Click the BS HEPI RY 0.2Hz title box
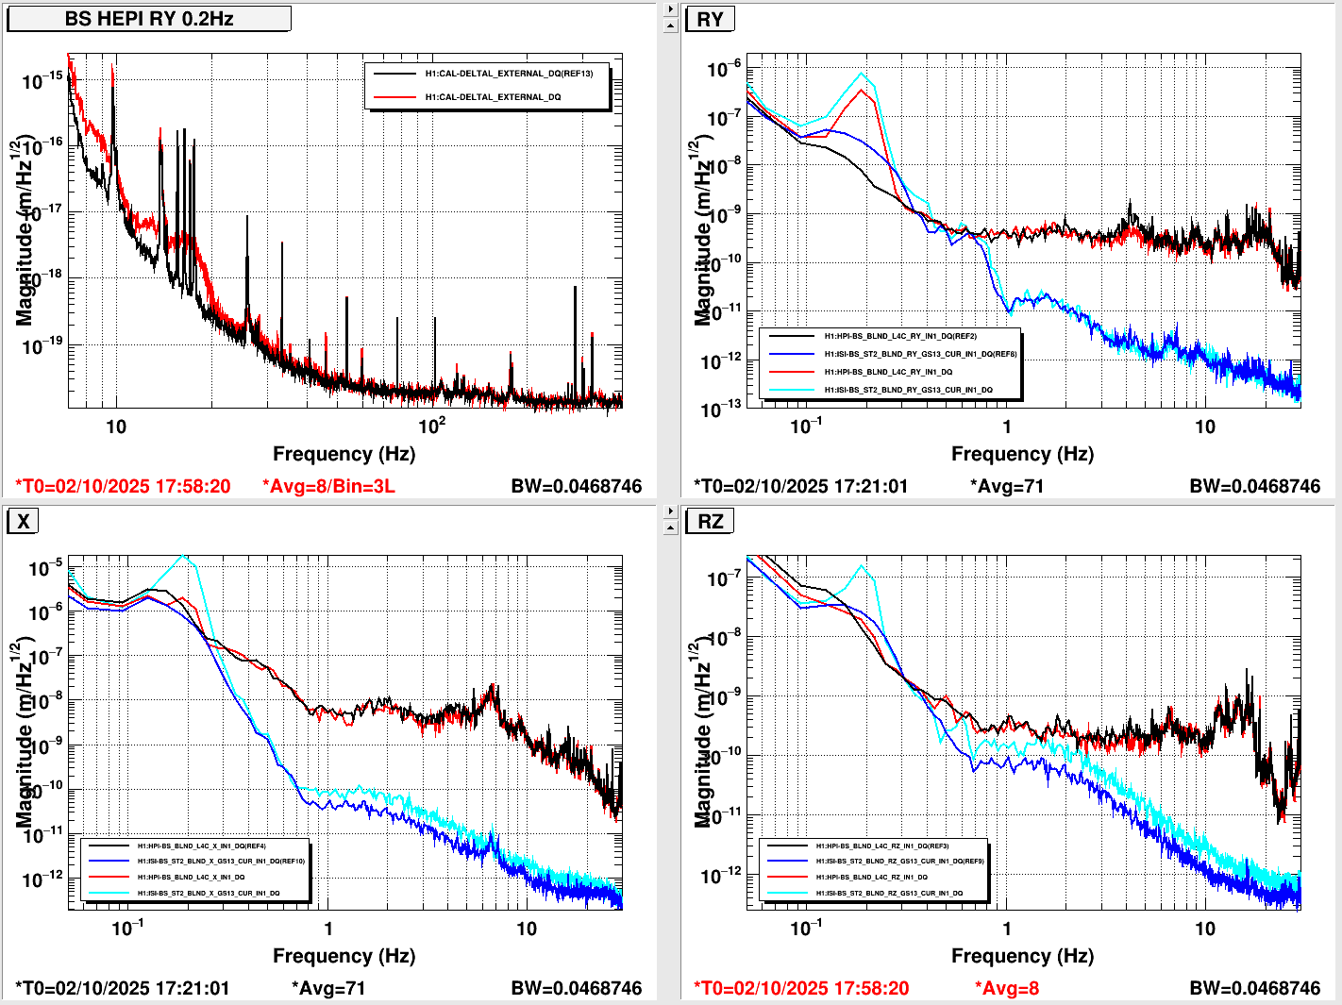tap(148, 19)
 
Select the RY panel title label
tap(710, 20)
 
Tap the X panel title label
tap(23, 521)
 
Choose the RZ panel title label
tap(710, 521)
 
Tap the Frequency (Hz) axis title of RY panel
tap(1022, 454)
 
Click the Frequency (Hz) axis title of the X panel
tap(344, 956)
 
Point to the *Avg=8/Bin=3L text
tap(328, 486)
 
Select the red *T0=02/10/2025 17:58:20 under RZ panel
tap(801, 988)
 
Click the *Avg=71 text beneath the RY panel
tap(1006, 486)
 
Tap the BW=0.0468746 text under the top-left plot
tap(576, 486)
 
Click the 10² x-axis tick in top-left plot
tap(432, 426)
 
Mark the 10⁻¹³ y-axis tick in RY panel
tap(722, 409)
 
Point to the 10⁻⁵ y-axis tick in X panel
tap(45, 568)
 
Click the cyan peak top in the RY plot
tap(861, 74)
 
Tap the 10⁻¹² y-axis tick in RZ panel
tap(722, 876)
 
